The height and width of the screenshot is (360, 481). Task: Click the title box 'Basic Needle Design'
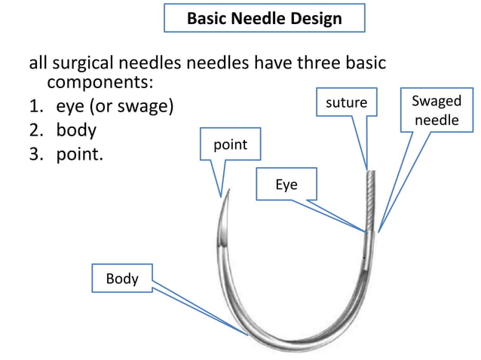click(x=264, y=18)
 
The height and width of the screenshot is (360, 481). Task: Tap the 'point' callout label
click(x=230, y=145)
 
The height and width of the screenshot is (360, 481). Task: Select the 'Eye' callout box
click(x=286, y=185)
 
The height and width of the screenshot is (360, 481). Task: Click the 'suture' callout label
click(x=346, y=102)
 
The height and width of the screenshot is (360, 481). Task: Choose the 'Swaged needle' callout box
click(x=436, y=111)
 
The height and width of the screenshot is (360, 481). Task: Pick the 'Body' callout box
click(x=121, y=279)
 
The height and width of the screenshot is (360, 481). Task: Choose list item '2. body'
click(x=66, y=130)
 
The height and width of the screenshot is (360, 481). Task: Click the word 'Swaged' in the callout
click(x=436, y=102)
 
